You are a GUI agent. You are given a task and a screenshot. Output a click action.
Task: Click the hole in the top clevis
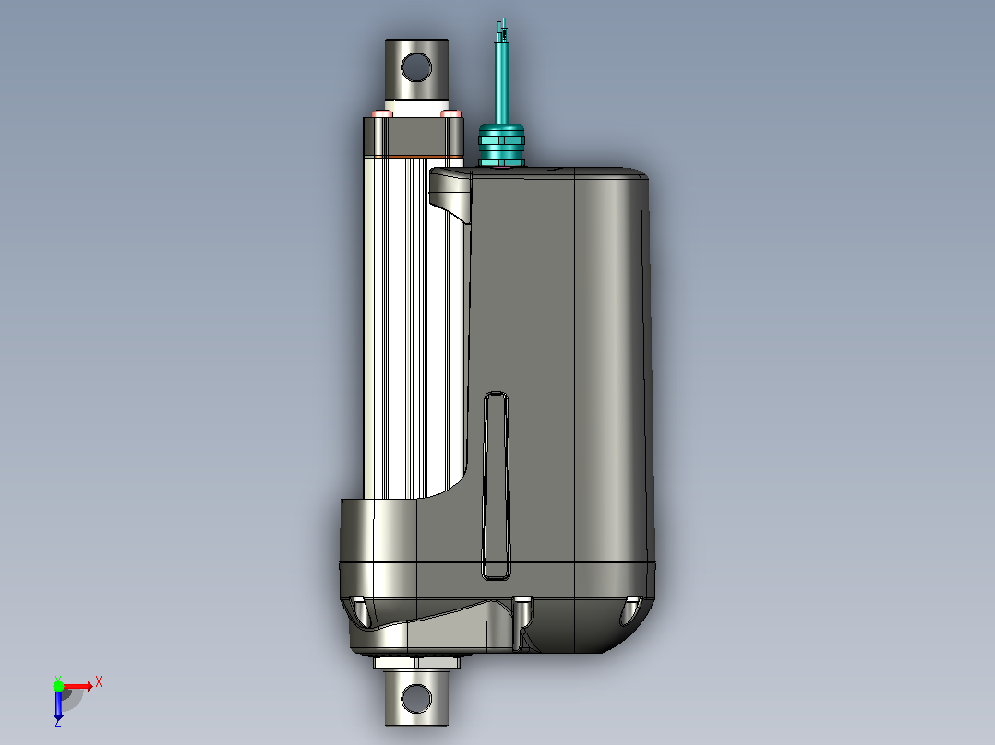(416, 66)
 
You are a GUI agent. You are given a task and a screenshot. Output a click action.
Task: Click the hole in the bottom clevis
(416, 698)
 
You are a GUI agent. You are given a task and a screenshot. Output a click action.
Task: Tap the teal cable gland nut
(501, 145)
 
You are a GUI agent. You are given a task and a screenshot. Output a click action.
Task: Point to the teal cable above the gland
(501, 82)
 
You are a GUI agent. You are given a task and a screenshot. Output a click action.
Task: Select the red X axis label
(99, 682)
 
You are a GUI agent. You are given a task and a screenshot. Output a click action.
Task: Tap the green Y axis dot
(58, 685)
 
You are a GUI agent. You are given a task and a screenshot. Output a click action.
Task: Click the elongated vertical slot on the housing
(496, 486)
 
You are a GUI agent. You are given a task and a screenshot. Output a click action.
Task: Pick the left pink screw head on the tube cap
(381, 114)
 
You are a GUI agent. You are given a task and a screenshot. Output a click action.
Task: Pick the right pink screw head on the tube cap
(450, 114)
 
